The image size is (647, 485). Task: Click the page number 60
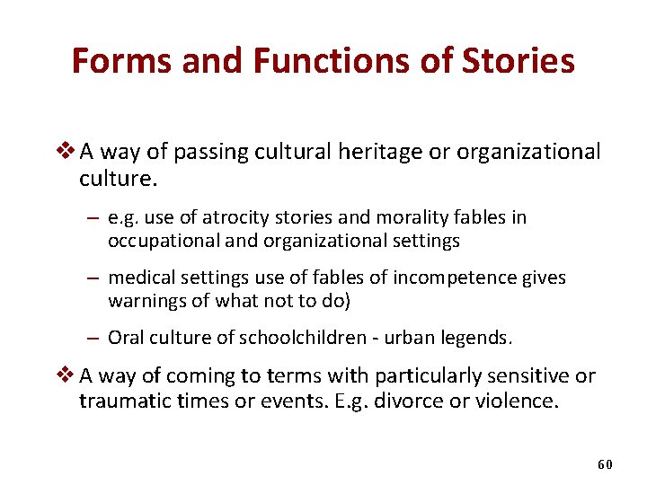click(604, 464)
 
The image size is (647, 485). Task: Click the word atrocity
click(239, 217)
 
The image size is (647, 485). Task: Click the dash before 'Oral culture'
click(94, 338)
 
